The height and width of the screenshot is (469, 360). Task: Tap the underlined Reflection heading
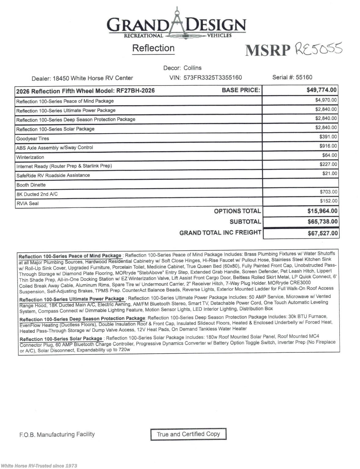[153, 48]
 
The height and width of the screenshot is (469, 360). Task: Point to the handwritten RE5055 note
[318, 49]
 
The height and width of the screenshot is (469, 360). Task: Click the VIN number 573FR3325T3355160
[213, 78]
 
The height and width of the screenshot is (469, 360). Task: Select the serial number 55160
[304, 77]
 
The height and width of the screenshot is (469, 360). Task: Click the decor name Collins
[192, 68]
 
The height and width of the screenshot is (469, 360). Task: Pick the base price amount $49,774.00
[321, 90]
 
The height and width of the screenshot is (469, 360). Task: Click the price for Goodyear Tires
[328, 137]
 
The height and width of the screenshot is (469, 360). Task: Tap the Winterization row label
[30, 157]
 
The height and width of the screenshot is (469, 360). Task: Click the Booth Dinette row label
[31, 185]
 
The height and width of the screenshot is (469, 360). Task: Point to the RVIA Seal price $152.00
[329, 201]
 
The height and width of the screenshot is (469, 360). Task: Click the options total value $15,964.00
[322, 211]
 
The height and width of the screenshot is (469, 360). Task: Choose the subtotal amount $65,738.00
[322, 222]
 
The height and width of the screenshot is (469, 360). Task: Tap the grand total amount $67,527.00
[322, 234]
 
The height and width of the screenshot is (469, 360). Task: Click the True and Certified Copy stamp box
[188, 434]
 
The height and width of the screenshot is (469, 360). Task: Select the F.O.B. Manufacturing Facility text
[57, 434]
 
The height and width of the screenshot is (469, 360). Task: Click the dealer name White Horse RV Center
[102, 78]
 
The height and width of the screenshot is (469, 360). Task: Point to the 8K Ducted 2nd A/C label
[37, 194]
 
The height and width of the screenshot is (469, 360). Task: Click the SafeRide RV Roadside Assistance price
[329, 173]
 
